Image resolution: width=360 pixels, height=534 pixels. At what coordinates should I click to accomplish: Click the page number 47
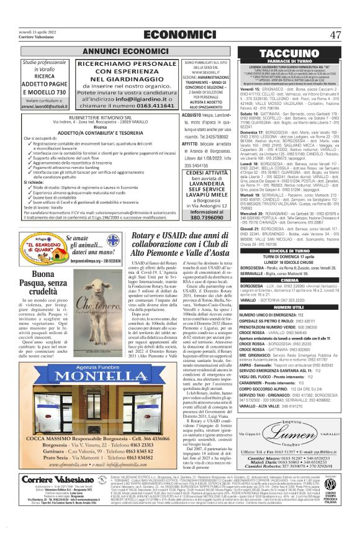pos(335,35)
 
